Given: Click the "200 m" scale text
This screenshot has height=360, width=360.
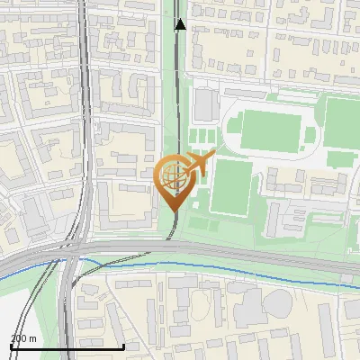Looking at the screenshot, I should [x=23, y=337].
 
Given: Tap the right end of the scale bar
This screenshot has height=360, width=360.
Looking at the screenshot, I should [x=123, y=346].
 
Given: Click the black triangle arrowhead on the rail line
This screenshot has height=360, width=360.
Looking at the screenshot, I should [x=180, y=24].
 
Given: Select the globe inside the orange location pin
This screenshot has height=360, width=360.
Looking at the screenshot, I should [x=171, y=175].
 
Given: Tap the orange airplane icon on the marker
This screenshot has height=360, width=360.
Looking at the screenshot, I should [x=199, y=164].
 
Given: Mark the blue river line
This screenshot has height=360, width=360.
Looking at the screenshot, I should [x=225, y=267].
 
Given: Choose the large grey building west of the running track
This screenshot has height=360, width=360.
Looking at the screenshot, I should [x=203, y=106].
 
